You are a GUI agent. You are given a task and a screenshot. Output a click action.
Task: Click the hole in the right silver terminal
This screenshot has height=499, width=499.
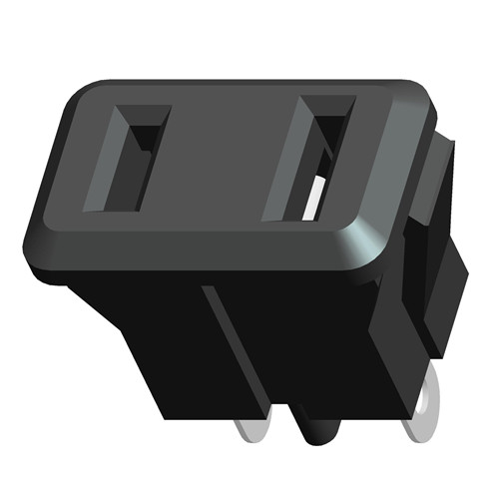coord(427,409)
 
